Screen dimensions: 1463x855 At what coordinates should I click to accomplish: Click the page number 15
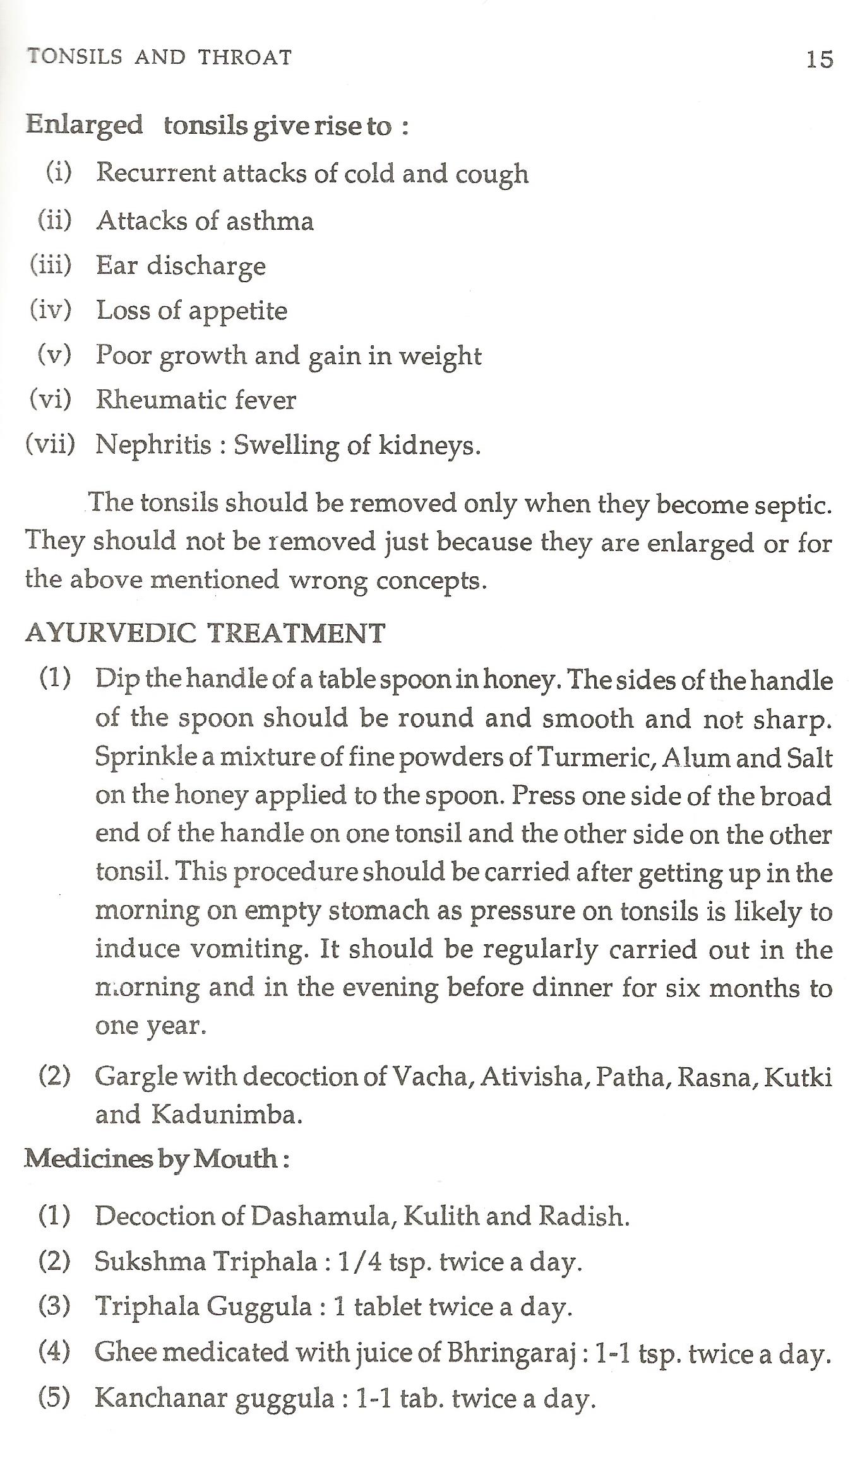820,59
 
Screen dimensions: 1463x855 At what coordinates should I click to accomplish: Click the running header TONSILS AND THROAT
159,57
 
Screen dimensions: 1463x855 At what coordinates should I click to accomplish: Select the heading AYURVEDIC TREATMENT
205,633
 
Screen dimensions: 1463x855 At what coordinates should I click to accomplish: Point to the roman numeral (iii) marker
51,264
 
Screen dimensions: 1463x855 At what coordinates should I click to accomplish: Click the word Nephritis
153,445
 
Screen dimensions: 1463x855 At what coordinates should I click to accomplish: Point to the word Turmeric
592,757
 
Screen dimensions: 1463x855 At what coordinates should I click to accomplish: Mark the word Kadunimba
227,1115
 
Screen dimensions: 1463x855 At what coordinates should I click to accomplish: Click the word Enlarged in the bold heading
84,125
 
